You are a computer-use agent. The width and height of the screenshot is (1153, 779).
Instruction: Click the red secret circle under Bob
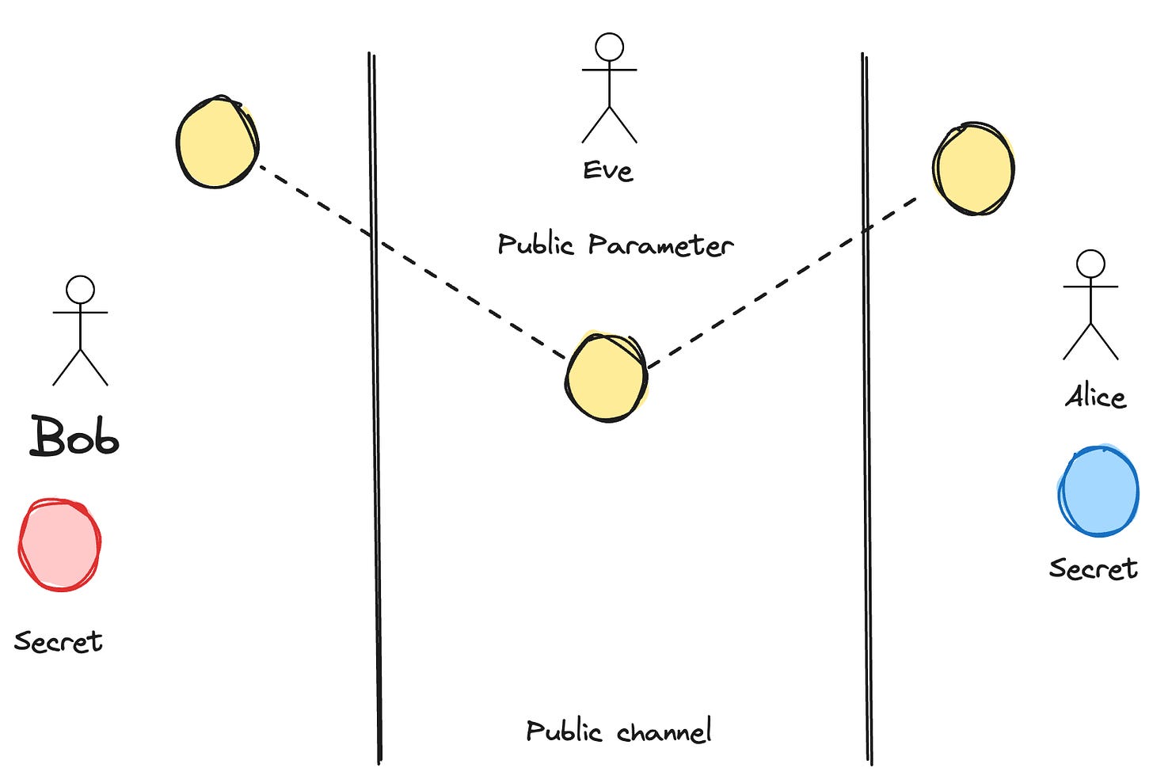click(59, 545)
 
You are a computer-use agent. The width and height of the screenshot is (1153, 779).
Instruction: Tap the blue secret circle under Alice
click(1098, 492)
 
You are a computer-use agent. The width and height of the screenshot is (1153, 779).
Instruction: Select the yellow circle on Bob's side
click(217, 142)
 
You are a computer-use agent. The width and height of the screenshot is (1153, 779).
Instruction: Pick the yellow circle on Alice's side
click(973, 169)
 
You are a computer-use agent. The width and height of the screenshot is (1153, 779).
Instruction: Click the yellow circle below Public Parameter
click(607, 378)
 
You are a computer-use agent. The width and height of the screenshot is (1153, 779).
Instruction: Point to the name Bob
click(75, 437)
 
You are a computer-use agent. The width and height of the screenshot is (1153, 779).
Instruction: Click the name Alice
click(1095, 396)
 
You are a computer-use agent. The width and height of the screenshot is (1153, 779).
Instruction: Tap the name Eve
click(608, 171)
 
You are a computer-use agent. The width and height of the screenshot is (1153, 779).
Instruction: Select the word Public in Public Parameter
click(535, 244)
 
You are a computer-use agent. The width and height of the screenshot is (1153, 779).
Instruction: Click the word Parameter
click(660, 245)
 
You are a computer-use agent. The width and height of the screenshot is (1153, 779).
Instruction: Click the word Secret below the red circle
click(59, 641)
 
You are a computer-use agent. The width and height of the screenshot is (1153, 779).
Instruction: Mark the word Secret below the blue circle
click(1093, 568)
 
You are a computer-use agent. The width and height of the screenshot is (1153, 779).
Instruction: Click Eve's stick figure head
click(609, 47)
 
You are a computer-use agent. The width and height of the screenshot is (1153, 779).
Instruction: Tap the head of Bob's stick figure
click(80, 290)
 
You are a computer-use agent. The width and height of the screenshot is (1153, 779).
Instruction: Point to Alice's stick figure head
click(1090, 264)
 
